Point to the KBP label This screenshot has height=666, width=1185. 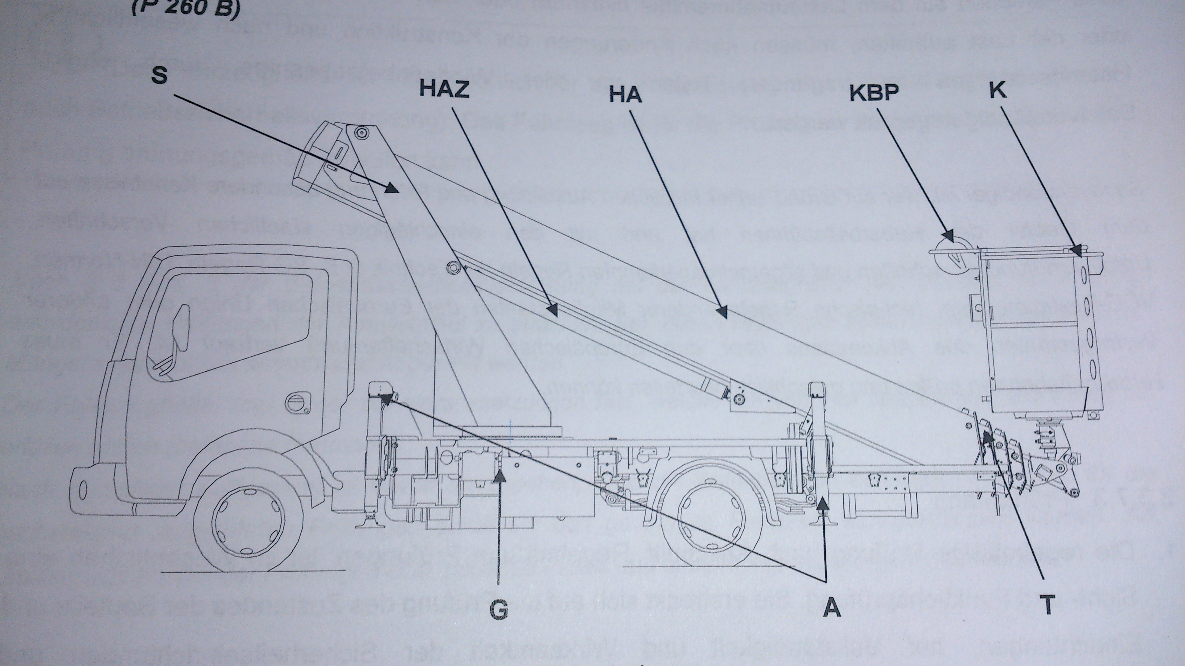coord(874,92)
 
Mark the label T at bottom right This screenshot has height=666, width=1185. coord(1047,605)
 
